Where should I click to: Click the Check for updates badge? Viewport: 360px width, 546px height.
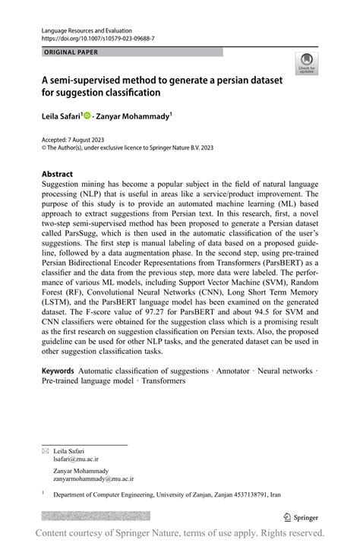pyautogui.click(x=306, y=62)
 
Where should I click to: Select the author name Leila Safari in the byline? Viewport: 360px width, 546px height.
pyautogui.click(x=62, y=116)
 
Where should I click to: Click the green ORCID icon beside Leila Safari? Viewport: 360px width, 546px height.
pyautogui.click(x=87, y=116)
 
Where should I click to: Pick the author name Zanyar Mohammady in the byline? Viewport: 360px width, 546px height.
pyautogui.click(x=134, y=116)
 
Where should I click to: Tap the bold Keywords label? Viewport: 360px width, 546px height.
pyautogui.click(x=58, y=371)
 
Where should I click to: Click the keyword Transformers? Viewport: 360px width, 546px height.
pyautogui.click(x=163, y=381)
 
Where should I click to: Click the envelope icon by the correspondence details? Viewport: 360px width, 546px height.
pyautogui.click(x=45, y=451)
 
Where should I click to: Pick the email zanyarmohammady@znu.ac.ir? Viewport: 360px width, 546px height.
pyautogui.click(x=96, y=479)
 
